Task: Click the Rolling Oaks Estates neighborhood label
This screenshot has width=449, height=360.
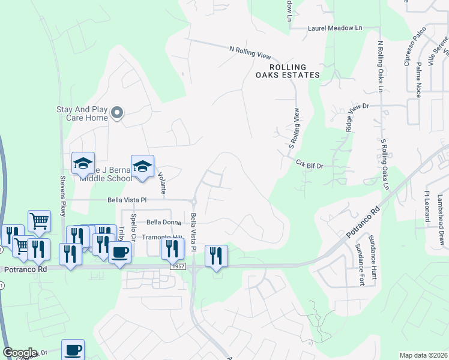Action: pos(288,71)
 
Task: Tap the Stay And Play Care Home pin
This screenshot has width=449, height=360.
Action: pos(118,113)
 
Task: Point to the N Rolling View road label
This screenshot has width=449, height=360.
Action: pos(250,52)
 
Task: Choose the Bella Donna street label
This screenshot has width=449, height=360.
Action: pos(150,221)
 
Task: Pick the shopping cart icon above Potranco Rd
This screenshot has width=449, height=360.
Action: pos(39,220)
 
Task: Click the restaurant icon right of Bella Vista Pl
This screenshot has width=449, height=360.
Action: pos(216,256)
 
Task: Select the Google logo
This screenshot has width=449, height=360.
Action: pos(19,353)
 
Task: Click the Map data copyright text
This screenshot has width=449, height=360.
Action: pos(424,355)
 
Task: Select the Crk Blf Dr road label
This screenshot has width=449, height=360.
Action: pos(310,164)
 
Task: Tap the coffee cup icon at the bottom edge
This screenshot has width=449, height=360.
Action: pos(73,350)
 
